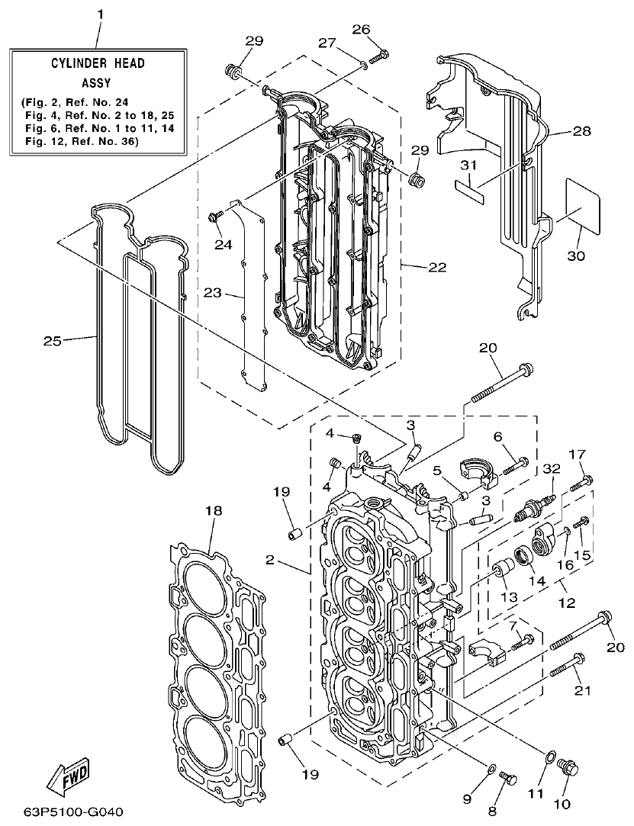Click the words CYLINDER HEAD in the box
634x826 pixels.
coord(98,63)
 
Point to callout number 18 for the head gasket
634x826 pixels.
coord(213,510)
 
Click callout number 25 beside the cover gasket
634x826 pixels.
coord(52,341)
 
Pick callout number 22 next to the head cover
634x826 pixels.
coord(437,267)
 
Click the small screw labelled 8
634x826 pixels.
coord(509,778)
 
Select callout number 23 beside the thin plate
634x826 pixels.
coord(213,292)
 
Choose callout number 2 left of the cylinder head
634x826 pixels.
coord(269,560)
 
